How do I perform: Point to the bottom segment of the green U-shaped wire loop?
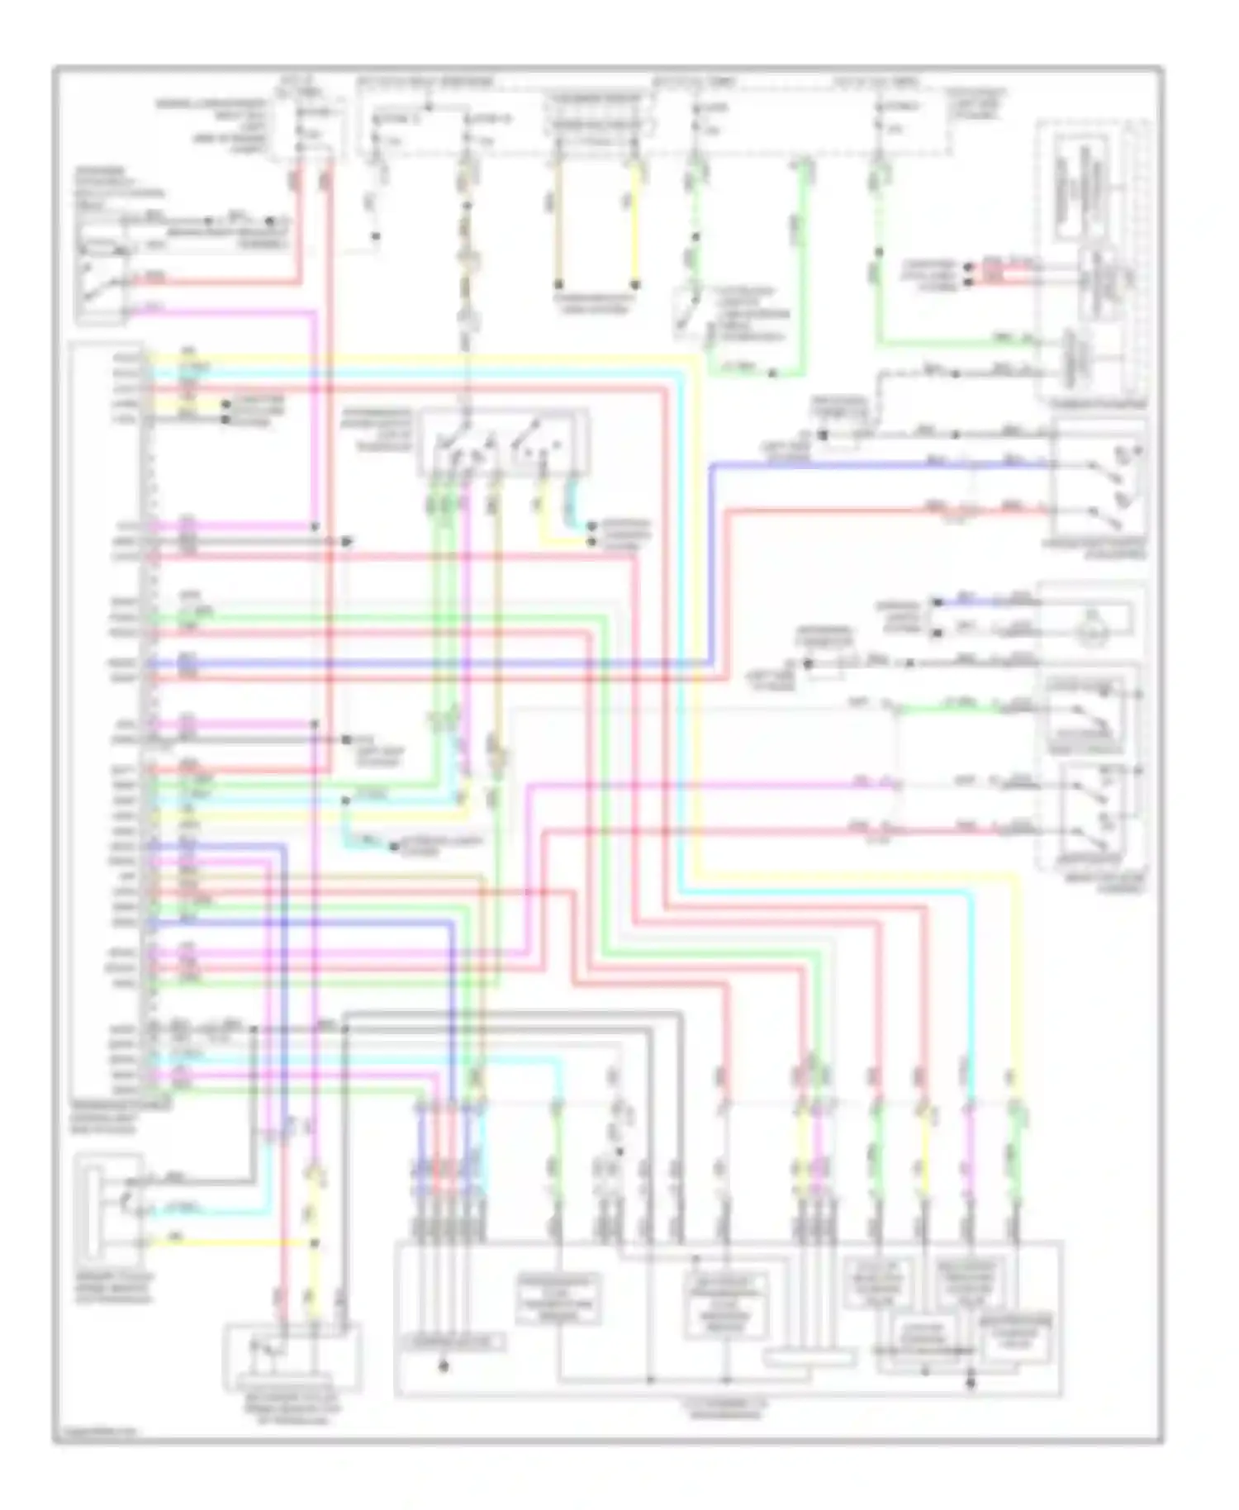(752, 373)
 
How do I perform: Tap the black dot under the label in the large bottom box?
(444, 1367)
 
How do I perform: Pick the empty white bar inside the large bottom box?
(809, 1358)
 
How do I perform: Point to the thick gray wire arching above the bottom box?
(512, 1014)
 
